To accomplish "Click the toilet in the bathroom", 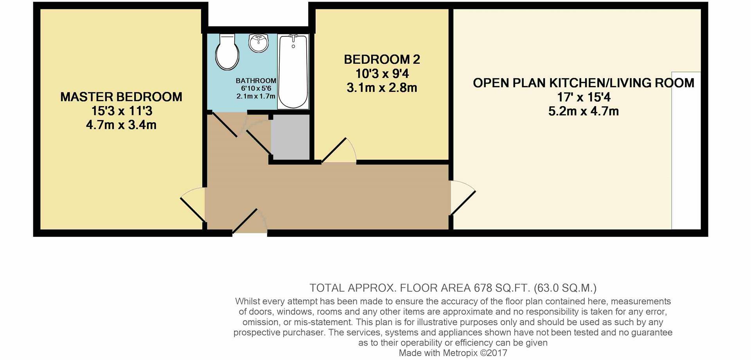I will click(x=227, y=53).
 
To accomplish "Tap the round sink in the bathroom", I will click(x=258, y=43).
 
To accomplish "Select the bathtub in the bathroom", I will click(x=293, y=71).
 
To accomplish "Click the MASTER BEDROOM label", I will click(x=121, y=97).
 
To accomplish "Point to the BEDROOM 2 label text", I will click(x=382, y=59).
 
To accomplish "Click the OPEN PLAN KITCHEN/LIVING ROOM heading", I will click(x=583, y=83).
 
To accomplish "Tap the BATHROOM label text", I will click(x=256, y=81).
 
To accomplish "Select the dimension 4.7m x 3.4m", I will click(x=121, y=125).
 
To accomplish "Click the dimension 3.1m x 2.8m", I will click(x=382, y=88).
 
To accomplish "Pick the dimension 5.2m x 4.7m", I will click(x=583, y=111).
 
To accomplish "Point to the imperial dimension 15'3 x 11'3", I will click(x=121, y=111).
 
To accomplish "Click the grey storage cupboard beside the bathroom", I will click(x=290, y=137).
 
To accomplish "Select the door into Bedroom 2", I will click(x=339, y=151).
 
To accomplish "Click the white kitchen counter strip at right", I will click(x=686, y=151).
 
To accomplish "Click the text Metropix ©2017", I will click(x=474, y=353).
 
